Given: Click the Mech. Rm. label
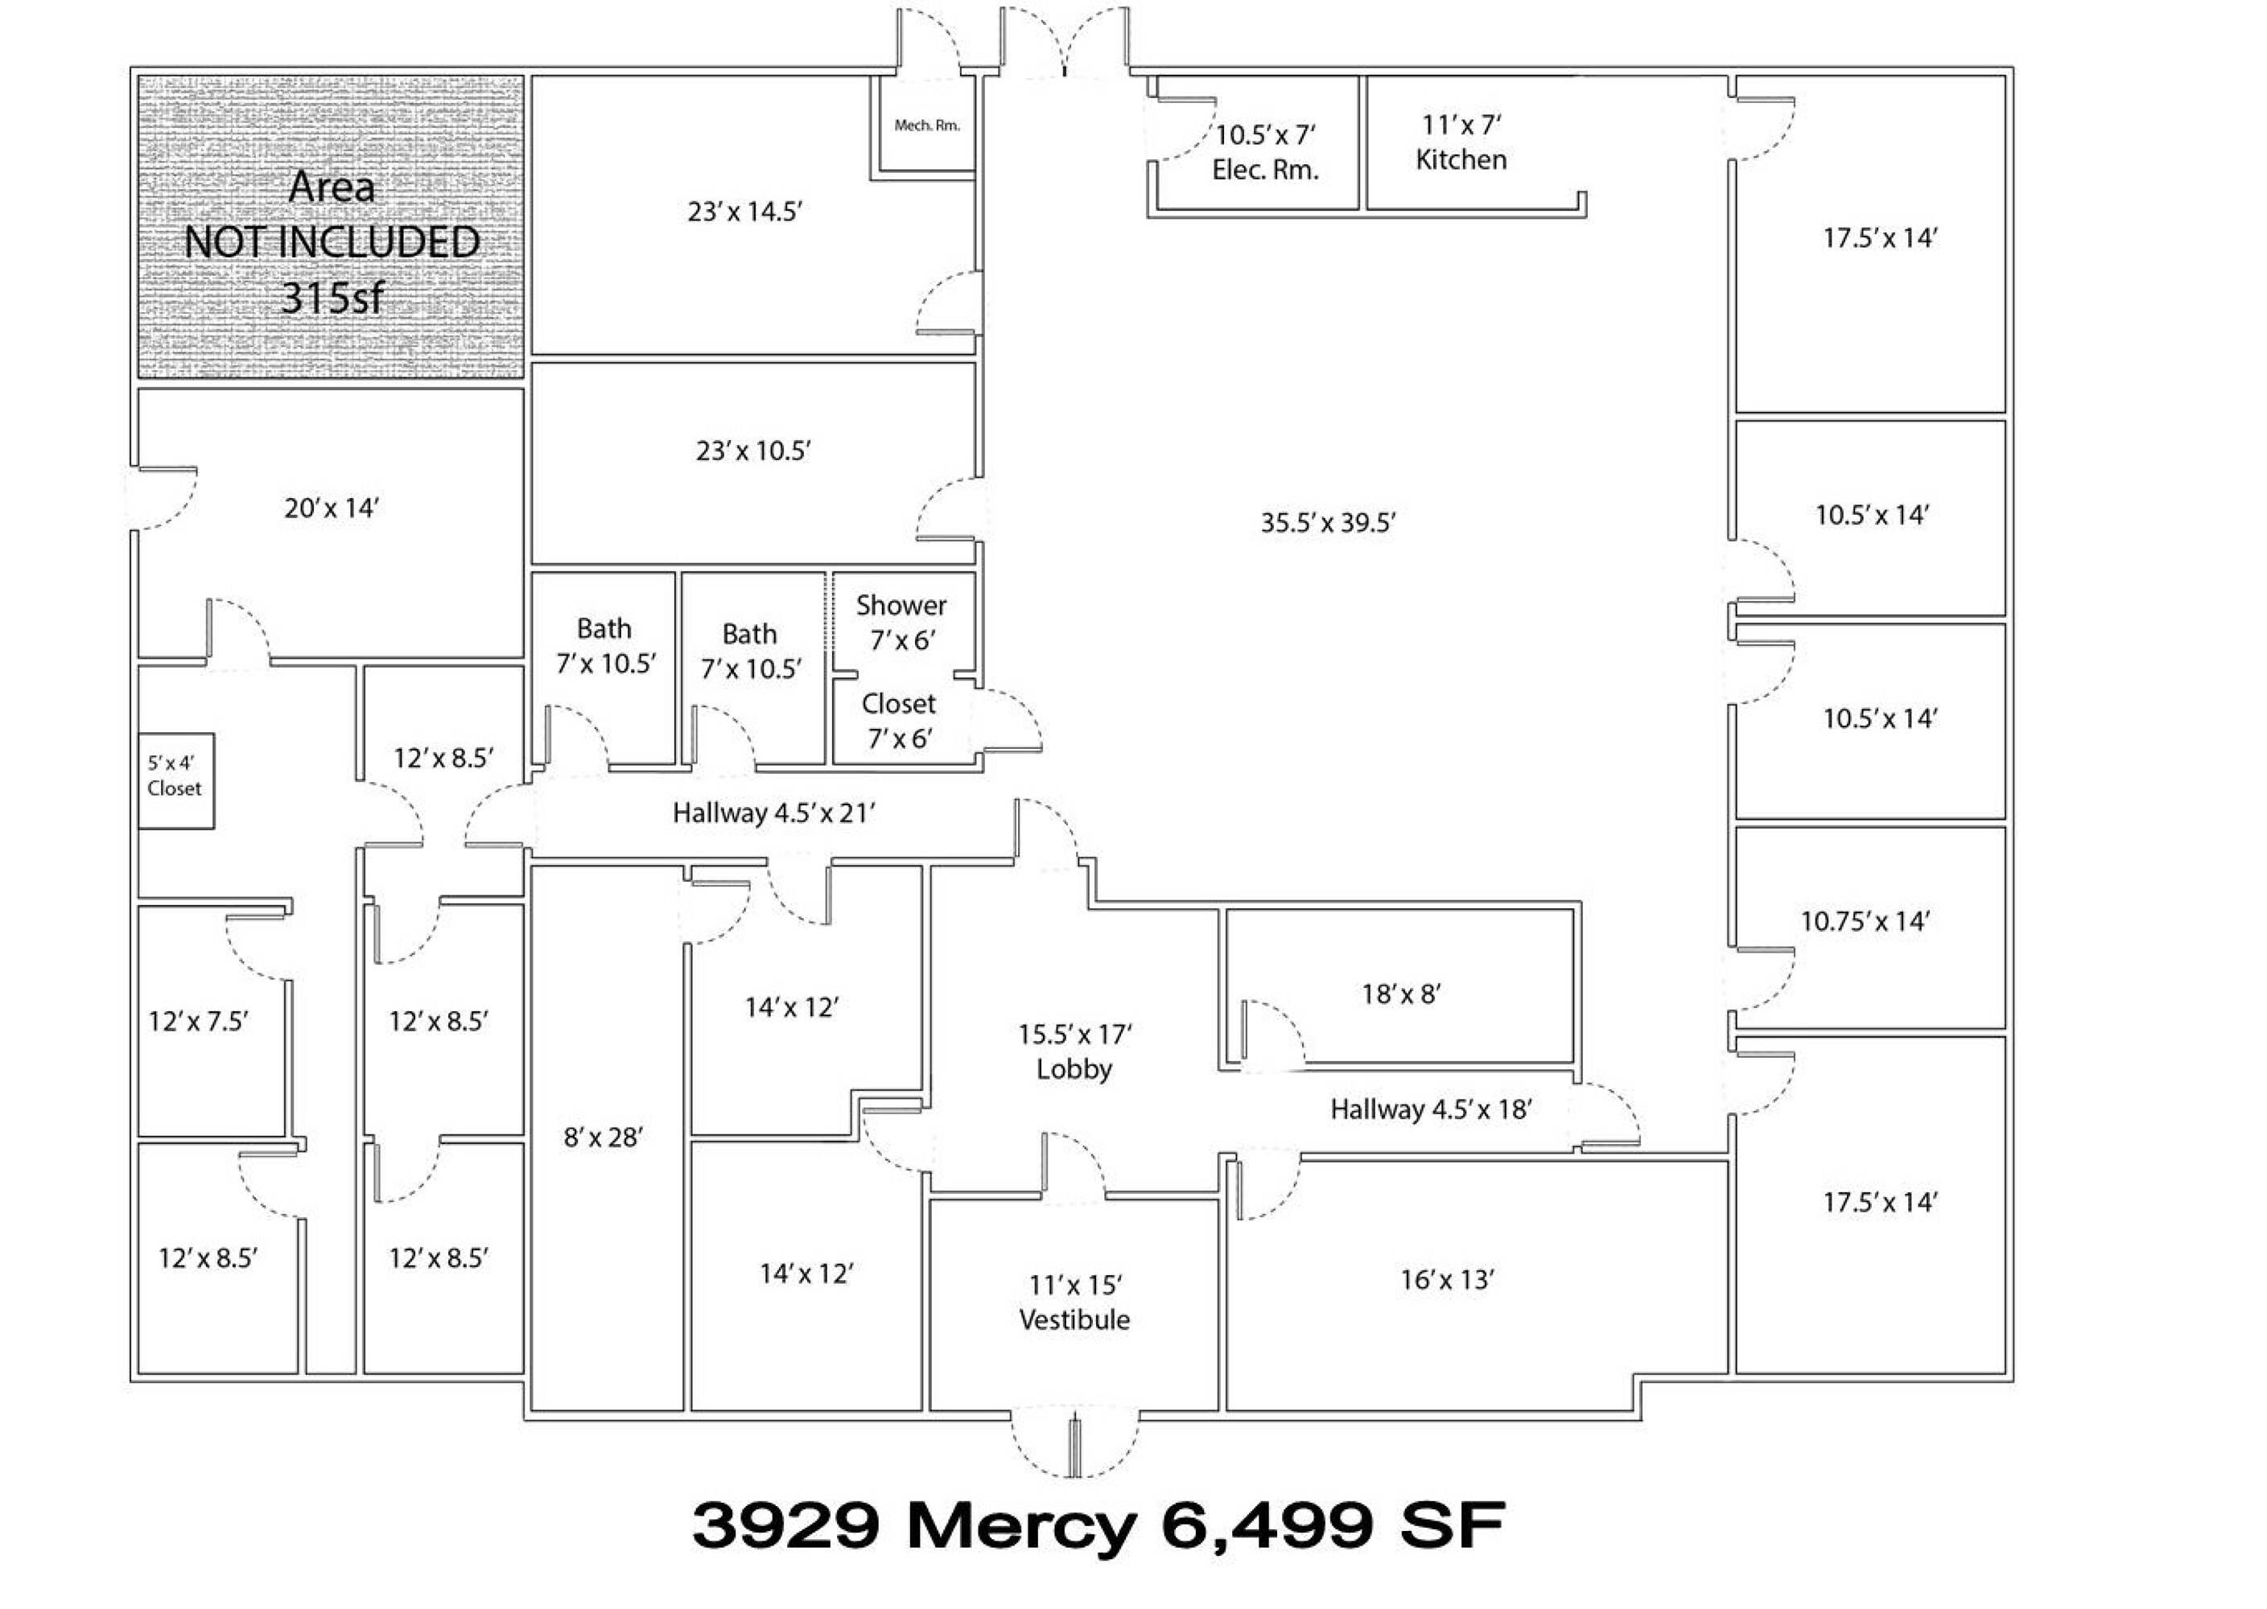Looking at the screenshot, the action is [926, 126].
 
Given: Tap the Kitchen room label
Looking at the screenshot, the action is [1461, 159].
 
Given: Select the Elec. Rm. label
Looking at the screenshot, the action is [1265, 170].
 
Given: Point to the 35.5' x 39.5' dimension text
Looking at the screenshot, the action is [1328, 522].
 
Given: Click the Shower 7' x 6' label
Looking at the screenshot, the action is [901, 622].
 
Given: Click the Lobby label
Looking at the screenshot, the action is [1074, 1069].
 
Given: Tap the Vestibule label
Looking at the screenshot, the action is [1074, 1319].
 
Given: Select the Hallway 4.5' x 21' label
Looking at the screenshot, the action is [774, 813].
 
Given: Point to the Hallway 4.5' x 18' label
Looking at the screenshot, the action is [1431, 1109].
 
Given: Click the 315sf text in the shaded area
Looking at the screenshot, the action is [332, 296].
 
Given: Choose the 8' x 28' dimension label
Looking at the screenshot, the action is [604, 1138].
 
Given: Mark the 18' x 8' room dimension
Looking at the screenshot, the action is [1401, 994].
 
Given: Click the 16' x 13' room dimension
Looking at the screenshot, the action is [1447, 1279].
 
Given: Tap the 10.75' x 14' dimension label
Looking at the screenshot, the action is [1865, 921].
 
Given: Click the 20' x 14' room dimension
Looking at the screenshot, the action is [332, 508].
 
